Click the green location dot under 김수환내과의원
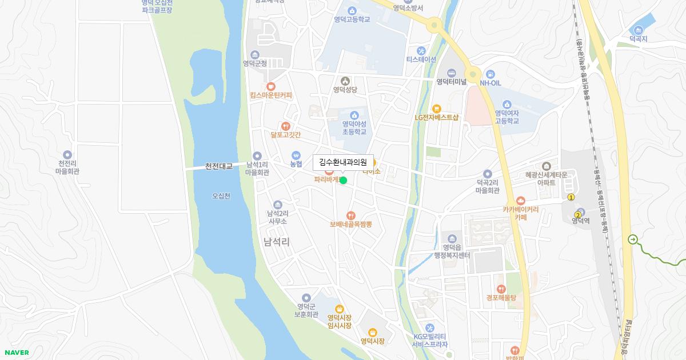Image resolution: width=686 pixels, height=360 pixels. [x=343, y=181]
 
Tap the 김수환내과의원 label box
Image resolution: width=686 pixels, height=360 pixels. [x=342, y=162]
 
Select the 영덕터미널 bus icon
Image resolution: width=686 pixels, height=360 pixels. [x=452, y=73]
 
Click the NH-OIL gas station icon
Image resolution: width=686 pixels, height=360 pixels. [x=490, y=74]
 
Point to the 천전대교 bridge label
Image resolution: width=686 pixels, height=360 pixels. [x=219, y=166]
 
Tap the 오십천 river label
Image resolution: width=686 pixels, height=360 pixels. [x=221, y=196]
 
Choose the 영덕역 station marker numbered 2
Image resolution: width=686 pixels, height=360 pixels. [x=577, y=215]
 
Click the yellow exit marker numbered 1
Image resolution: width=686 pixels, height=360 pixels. [x=571, y=197]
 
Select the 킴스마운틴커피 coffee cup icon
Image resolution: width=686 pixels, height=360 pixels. [x=270, y=86]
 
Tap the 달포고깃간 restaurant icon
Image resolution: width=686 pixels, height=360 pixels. [x=286, y=126]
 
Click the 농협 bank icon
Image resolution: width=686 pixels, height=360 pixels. [x=296, y=155]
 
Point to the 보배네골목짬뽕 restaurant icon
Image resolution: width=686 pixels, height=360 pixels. [x=350, y=215]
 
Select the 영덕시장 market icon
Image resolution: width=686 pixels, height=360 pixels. [x=372, y=332]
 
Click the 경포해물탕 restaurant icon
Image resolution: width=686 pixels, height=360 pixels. [x=501, y=289]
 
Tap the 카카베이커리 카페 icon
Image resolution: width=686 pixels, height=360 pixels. [x=520, y=201]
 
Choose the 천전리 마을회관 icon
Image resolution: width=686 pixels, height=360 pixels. [x=68, y=155]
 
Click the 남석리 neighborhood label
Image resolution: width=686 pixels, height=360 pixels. [x=277, y=242]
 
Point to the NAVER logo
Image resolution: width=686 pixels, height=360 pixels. [x=16, y=353]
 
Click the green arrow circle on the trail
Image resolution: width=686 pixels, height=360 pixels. [x=632, y=239]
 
